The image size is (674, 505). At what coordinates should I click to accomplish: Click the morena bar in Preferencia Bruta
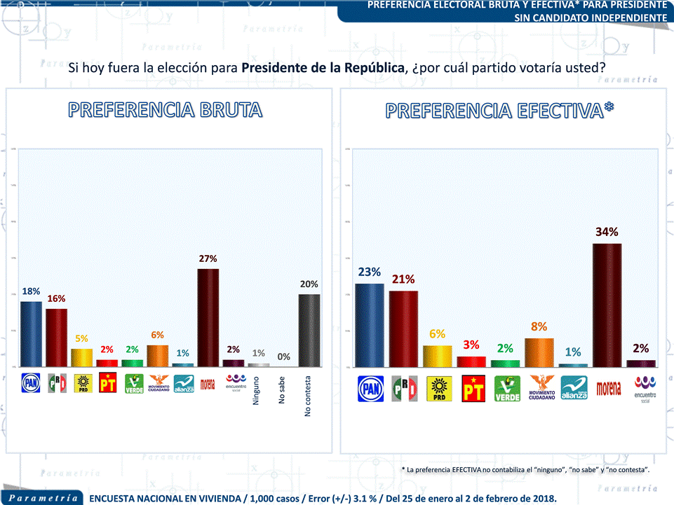click(208, 317)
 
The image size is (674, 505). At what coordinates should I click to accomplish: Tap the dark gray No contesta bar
click(309, 330)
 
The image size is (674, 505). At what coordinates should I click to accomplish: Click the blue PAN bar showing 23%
click(370, 325)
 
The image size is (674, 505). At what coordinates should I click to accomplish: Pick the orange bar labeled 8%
click(539, 352)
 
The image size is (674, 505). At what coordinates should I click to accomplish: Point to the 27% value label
click(208, 258)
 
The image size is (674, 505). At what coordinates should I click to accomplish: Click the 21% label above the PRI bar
click(403, 279)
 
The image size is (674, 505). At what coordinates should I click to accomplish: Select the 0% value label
click(284, 357)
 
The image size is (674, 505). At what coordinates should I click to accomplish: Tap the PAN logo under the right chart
click(370, 389)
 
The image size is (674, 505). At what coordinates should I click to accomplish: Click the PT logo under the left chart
click(108, 383)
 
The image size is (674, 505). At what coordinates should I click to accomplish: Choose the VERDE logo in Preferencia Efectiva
click(507, 389)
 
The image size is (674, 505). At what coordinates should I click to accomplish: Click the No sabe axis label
click(282, 390)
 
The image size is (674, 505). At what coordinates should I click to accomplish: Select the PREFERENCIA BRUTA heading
click(166, 110)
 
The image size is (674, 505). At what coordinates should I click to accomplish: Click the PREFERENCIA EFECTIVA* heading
click(499, 111)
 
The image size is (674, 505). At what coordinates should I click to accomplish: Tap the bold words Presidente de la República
click(323, 69)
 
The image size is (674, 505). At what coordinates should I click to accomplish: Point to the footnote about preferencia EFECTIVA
click(525, 469)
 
